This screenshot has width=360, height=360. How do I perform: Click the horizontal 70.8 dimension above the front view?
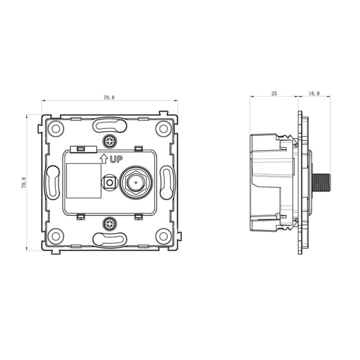[x=109, y=98]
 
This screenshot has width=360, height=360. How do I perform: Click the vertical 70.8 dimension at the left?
[x=24, y=183]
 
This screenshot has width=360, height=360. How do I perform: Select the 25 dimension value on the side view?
[x=274, y=94]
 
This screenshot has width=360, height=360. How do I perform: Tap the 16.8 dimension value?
[x=314, y=94]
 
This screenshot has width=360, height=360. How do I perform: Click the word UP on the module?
[x=116, y=159]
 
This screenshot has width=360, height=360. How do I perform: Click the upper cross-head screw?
[x=109, y=141]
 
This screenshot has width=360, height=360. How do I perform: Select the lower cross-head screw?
[x=109, y=224]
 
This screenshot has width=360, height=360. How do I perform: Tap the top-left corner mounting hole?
[x=56, y=129]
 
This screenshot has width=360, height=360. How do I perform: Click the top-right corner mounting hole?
[x=163, y=129]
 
